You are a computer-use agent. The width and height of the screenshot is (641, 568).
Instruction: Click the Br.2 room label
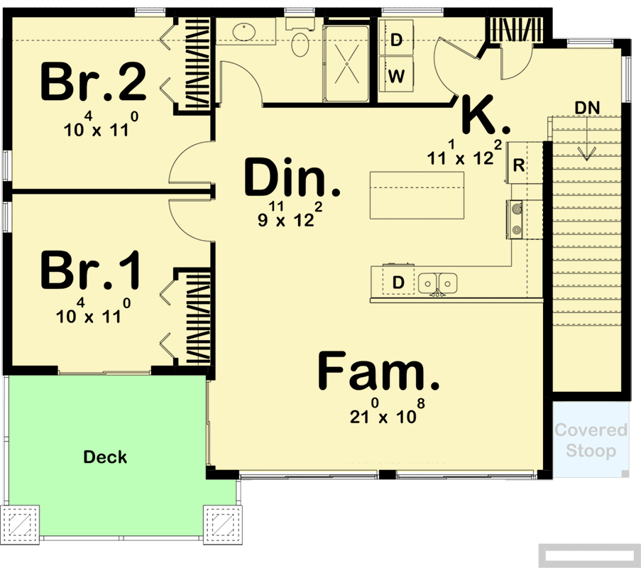93,83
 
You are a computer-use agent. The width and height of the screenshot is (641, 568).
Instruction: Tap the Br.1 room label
91,271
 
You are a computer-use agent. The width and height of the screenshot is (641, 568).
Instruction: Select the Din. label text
292,179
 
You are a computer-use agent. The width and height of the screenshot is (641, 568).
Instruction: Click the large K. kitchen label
486,116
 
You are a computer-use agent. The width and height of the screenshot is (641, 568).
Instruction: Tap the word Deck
105,457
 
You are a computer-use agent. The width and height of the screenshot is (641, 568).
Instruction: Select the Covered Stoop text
591,440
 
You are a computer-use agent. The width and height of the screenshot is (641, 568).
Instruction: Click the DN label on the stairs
587,108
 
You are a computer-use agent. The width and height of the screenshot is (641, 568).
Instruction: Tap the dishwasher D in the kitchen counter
398,283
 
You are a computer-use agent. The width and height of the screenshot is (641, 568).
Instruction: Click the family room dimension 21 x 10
386,415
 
